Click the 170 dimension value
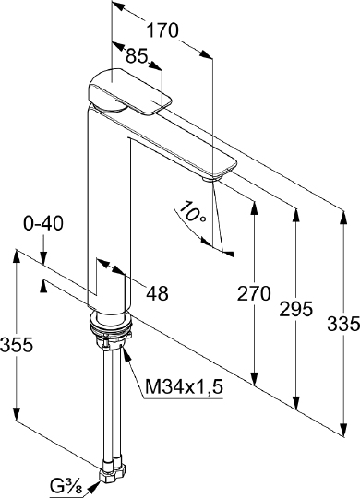(x=162, y=31)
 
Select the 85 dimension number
(x=137, y=56)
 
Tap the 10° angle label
(x=193, y=211)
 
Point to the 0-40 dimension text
(x=43, y=223)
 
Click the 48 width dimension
(x=157, y=293)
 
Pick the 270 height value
(x=254, y=293)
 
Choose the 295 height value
(x=296, y=309)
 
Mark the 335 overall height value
(x=343, y=324)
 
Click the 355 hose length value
(x=17, y=345)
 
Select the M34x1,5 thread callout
(x=184, y=386)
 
